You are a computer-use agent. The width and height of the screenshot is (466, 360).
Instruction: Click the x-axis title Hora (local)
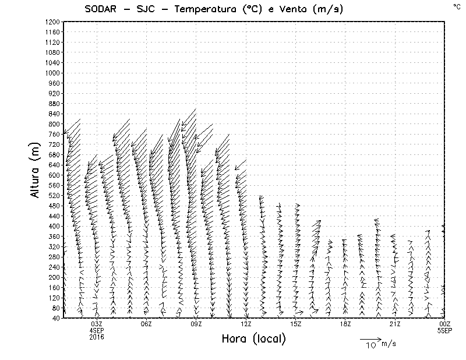[x=253, y=339]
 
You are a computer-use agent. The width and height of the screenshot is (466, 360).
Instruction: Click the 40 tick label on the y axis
[x=56, y=318]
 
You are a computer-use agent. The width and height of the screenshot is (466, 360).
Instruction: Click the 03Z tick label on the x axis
[x=97, y=324]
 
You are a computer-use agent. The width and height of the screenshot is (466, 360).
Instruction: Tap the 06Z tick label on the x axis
[x=146, y=324]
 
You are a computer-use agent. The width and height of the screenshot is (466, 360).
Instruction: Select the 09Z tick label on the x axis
[x=196, y=324]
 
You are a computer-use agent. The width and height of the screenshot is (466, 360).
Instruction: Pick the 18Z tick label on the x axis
[x=345, y=324]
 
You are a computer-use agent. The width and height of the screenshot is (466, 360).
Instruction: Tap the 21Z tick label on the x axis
[x=395, y=324]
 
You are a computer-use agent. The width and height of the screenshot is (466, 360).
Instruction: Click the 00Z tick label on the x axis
[x=444, y=324]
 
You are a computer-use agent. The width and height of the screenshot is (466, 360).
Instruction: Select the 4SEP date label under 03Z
[x=97, y=330]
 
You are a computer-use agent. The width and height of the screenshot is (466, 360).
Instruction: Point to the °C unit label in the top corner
[x=456, y=6]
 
